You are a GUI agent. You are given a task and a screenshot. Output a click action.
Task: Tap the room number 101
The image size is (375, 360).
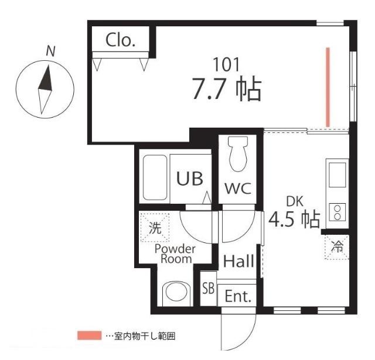click(x=226, y=64)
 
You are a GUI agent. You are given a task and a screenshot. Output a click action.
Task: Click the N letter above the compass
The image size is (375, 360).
click(x=52, y=52)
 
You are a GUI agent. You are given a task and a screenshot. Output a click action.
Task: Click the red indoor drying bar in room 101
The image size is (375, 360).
click(x=328, y=87)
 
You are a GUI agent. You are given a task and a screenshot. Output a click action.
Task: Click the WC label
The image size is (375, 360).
click(x=238, y=188)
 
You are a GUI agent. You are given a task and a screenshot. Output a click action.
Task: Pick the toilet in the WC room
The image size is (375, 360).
click(x=238, y=153)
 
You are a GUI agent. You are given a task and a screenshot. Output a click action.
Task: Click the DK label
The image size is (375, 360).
click(x=294, y=202)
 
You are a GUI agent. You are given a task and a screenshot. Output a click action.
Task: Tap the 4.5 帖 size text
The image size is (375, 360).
click(x=294, y=220)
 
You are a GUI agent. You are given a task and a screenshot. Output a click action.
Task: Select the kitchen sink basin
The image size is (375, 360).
click(x=337, y=174)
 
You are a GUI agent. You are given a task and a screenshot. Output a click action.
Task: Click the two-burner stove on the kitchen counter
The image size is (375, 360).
click(x=337, y=211)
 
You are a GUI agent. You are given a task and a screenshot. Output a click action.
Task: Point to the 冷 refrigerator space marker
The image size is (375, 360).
click(x=337, y=247)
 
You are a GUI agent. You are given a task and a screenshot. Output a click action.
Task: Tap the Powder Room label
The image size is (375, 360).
click(x=174, y=253)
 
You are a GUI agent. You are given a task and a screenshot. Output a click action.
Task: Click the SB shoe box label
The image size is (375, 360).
click(x=208, y=288)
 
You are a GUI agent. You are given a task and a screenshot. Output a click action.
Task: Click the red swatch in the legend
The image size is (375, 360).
click(x=89, y=336)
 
